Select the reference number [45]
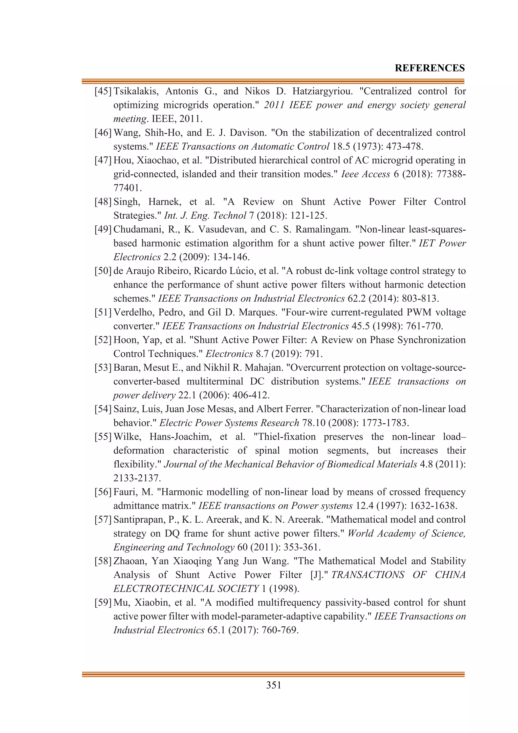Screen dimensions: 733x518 103,91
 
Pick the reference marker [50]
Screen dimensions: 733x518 103,271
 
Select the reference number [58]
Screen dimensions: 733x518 103,561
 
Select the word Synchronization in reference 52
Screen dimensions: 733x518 431,340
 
